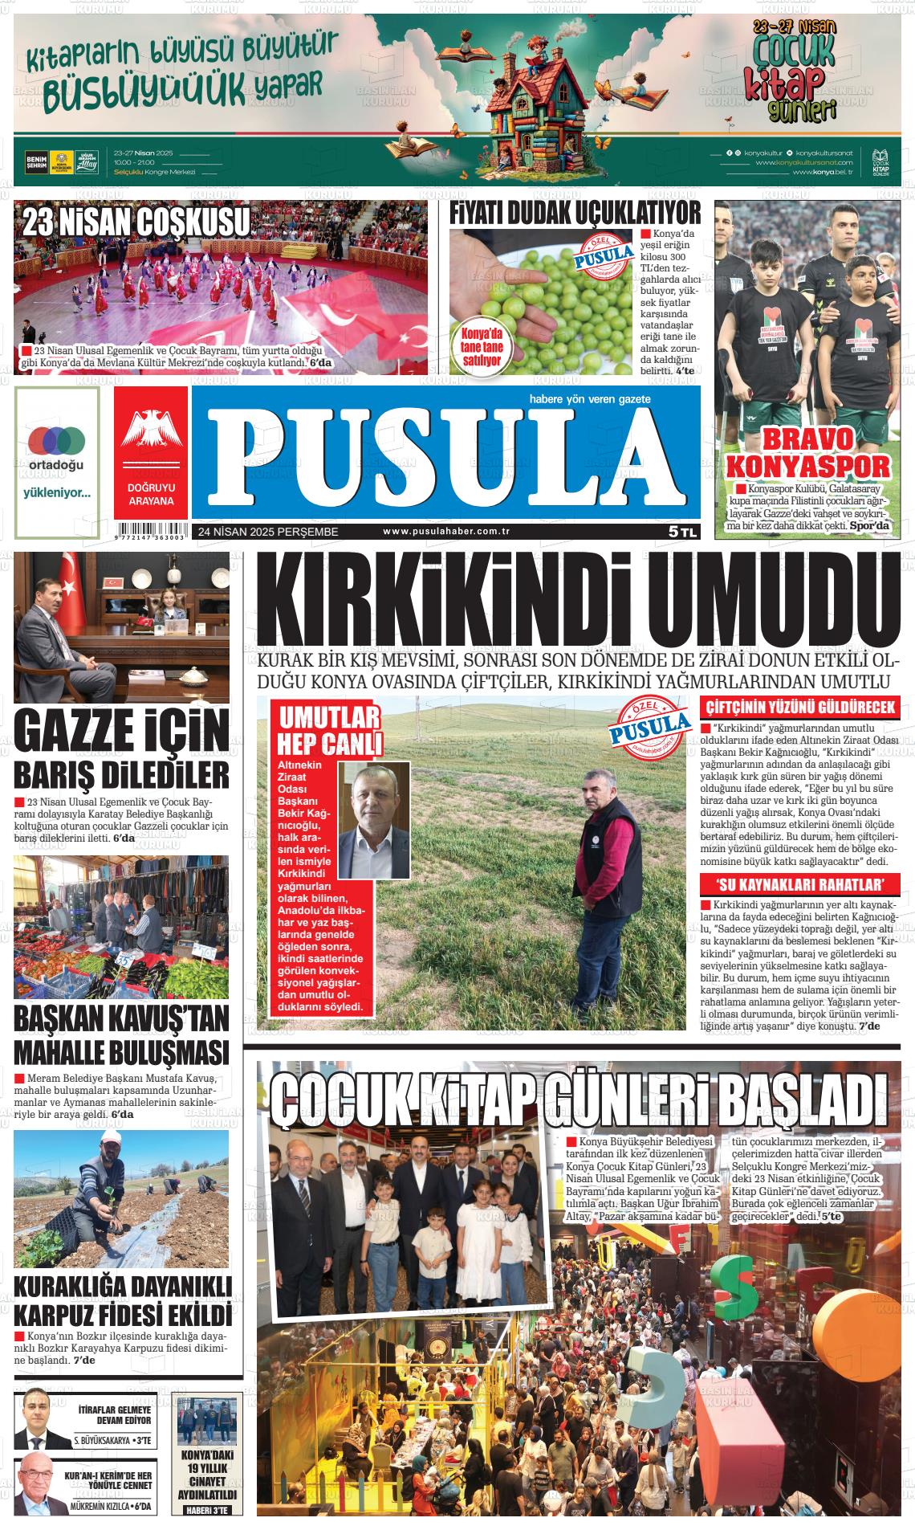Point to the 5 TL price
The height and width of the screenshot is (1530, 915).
pos(683,532)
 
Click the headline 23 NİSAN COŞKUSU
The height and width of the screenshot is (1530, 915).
pos(136,222)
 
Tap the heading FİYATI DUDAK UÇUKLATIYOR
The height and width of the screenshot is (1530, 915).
pos(575,214)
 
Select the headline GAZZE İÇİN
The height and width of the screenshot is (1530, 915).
pos(122,732)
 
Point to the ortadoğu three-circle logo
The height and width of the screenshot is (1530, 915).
pos(56,439)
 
